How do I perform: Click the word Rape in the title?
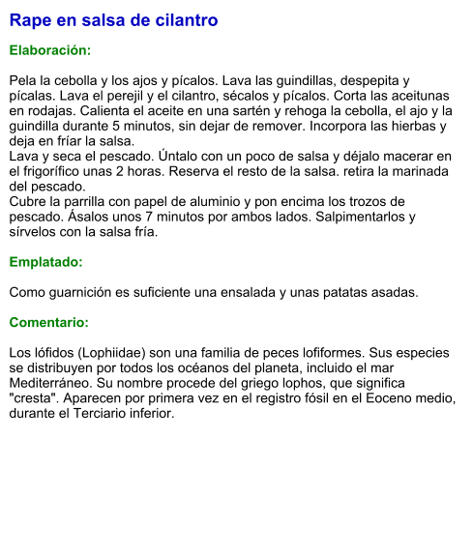30,20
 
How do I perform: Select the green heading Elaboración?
50,49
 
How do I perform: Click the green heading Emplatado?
46,262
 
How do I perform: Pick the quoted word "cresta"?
38,398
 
